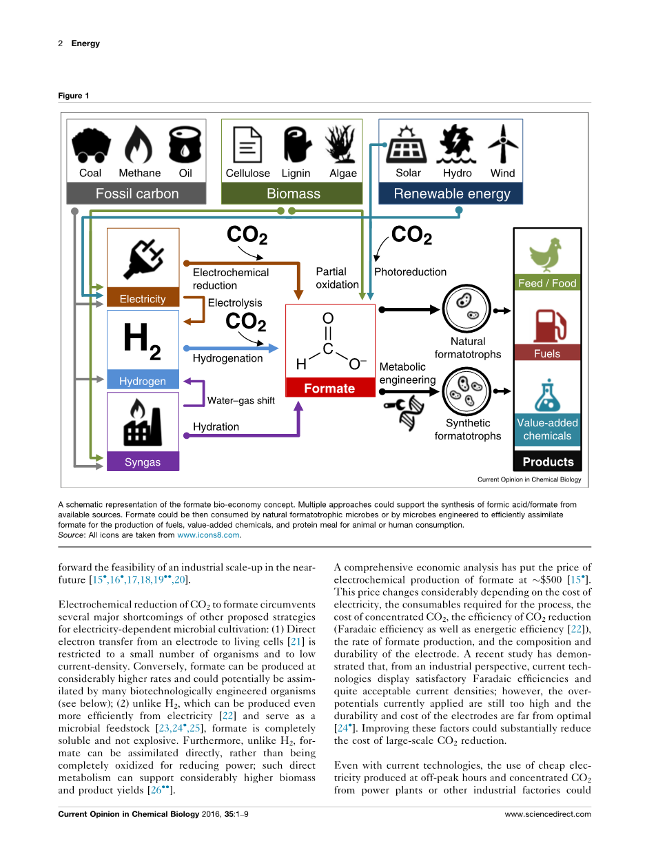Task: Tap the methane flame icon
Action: [138, 143]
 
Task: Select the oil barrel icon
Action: [185, 143]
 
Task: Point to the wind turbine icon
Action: [502, 143]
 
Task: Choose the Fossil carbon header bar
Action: [136, 194]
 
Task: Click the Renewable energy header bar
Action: [451, 194]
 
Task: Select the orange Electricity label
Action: [143, 299]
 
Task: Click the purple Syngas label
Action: [143, 462]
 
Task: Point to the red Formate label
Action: [329, 388]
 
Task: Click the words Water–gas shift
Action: [241, 400]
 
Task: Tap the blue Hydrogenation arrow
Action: [234, 349]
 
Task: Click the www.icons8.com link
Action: [208, 535]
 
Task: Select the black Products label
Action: [548, 462]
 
